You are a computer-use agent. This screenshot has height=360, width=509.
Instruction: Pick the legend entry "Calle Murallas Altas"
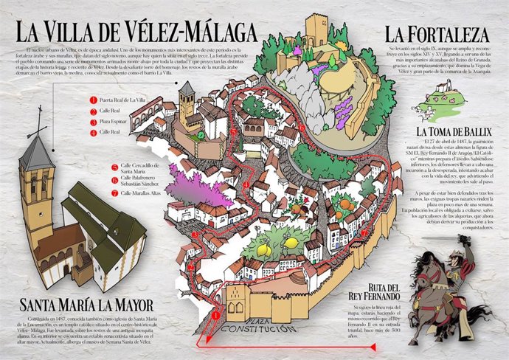142,193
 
